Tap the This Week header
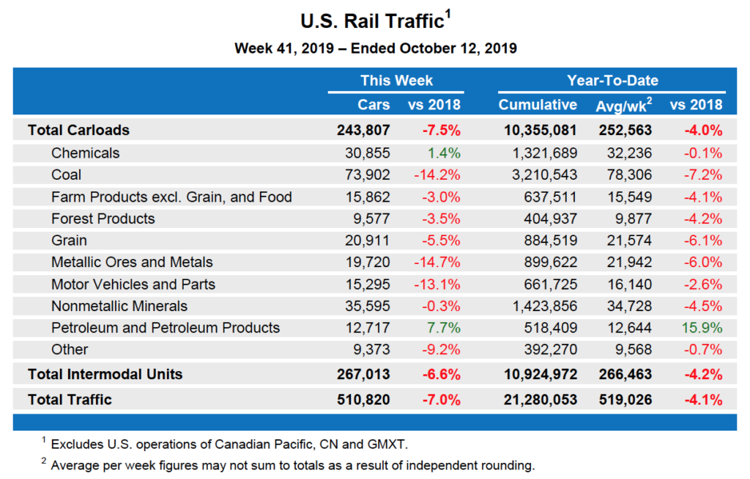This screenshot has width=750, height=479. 396,81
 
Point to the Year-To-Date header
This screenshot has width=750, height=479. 612,81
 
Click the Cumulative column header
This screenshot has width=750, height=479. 538,104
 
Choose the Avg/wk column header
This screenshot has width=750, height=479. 623,104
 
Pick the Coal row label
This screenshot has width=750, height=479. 67,175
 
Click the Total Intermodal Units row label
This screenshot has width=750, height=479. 105,374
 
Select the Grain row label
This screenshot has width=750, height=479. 69,240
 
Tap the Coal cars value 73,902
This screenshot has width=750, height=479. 367,175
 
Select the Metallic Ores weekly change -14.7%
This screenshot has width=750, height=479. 437,262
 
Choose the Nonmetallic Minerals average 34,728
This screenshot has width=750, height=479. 631,306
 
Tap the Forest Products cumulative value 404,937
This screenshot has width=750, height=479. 551,219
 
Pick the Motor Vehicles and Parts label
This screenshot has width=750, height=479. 133,284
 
